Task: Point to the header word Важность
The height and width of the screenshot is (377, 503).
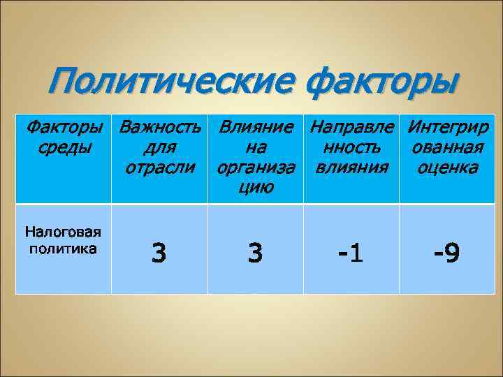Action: [x=160, y=128]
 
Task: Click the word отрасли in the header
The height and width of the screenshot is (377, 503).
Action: [x=159, y=168]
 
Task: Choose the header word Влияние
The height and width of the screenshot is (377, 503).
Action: [x=256, y=128]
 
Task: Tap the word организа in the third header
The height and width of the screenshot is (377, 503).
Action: [x=256, y=168]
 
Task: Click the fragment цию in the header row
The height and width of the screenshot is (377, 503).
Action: [x=255, y=187]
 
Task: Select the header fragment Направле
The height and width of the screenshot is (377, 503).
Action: [x=351, y=128]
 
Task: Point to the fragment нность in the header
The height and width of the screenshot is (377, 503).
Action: [x=351, y=148]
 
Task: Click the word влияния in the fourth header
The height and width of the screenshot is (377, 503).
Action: [x=351, y=168]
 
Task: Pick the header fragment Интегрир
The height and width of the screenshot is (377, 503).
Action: [x=448, y=128]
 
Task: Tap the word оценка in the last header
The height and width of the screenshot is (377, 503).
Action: [x=447, y=168]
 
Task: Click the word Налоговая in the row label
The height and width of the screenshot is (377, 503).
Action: [x=63, y=233]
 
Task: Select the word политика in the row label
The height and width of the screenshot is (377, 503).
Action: [x=63, y=248]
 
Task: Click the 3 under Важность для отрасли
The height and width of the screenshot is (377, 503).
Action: [x=159, y=253]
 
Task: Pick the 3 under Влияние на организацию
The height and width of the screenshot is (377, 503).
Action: [x=255, y=253]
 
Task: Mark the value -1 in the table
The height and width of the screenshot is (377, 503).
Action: [x=351, y=253]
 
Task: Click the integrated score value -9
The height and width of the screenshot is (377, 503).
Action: [x=446, y=253]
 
